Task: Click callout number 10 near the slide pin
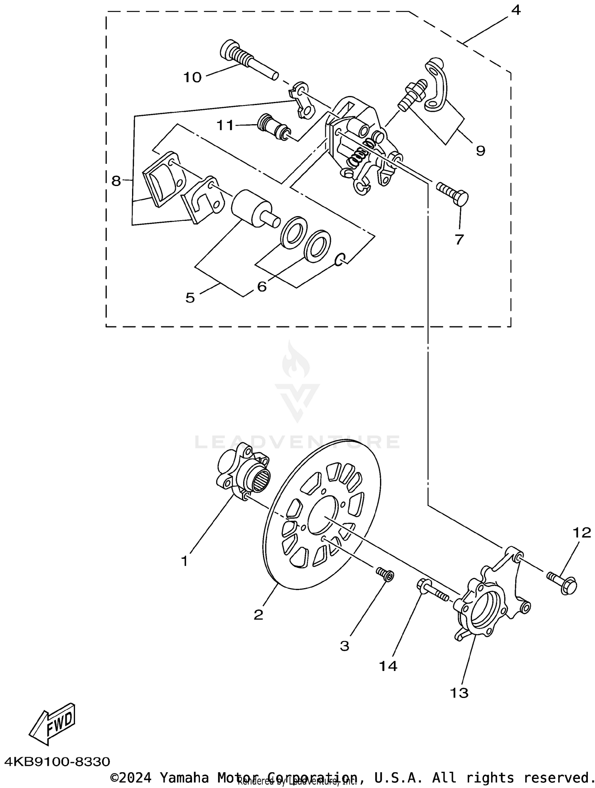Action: tap(192, 77)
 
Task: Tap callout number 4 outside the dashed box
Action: tap(515, 10)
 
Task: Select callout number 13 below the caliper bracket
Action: tap(459, 693)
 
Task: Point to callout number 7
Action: tap(459, 240)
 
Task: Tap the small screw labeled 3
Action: tap(384, 574)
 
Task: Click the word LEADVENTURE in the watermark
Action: tap(297, 442)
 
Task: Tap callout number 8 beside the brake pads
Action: tap(116, 181)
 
